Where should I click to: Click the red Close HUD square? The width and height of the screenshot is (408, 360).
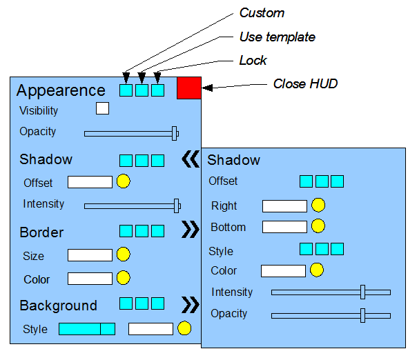coord(189,88)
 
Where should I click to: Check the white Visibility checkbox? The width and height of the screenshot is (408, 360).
coord(103,108)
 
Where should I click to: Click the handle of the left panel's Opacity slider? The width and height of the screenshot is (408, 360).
coord(175,134)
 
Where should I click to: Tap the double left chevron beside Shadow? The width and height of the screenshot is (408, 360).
coord(191,159)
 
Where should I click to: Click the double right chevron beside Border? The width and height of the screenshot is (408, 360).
coord(191,230)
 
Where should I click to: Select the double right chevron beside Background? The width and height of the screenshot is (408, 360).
coord(191,304)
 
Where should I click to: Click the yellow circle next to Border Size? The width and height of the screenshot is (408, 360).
coord(124,254)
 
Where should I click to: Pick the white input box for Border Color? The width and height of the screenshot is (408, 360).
coord(90,279)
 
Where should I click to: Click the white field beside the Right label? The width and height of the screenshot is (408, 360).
coord(284,206)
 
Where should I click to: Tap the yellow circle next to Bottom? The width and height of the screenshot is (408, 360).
coord(318,226)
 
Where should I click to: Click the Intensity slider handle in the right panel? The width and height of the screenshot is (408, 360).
coord(362,292)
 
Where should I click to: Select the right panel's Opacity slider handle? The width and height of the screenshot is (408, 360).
coord(362,316)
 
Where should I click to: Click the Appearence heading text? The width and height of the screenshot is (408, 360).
coord(61,91)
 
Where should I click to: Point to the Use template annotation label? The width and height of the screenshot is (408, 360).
coord(278,37)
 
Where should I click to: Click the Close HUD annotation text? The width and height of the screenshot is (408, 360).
coord(305,83)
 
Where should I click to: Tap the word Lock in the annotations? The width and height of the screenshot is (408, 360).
coord(253,61)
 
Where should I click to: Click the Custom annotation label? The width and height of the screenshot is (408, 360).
coord(262,13)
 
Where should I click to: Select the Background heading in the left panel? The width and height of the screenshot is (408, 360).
coord(58,306)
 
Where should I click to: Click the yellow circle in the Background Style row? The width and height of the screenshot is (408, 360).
coord(184,328)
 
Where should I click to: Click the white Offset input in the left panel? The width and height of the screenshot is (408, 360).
coord(90,182)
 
